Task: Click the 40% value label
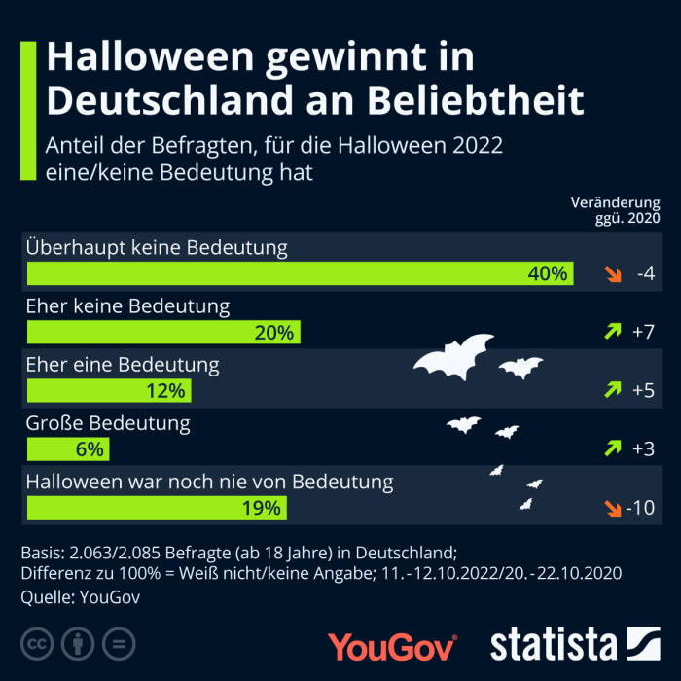(547, 274)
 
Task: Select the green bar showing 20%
(163, 333)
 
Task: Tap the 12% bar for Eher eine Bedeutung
(109, 391)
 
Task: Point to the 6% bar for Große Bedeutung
(68, 449)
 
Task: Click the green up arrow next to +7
(612, 332)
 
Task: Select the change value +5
(643, 390)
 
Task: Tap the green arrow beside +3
(612, 448)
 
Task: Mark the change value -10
(640, 507)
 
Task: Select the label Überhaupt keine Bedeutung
(157, 247)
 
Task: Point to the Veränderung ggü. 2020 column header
(615, 210)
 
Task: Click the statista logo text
(553, 644)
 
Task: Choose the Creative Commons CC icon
(37, 643)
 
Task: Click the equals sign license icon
(119, 643)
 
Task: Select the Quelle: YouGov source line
(80, 597)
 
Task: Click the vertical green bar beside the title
(28, 110)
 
